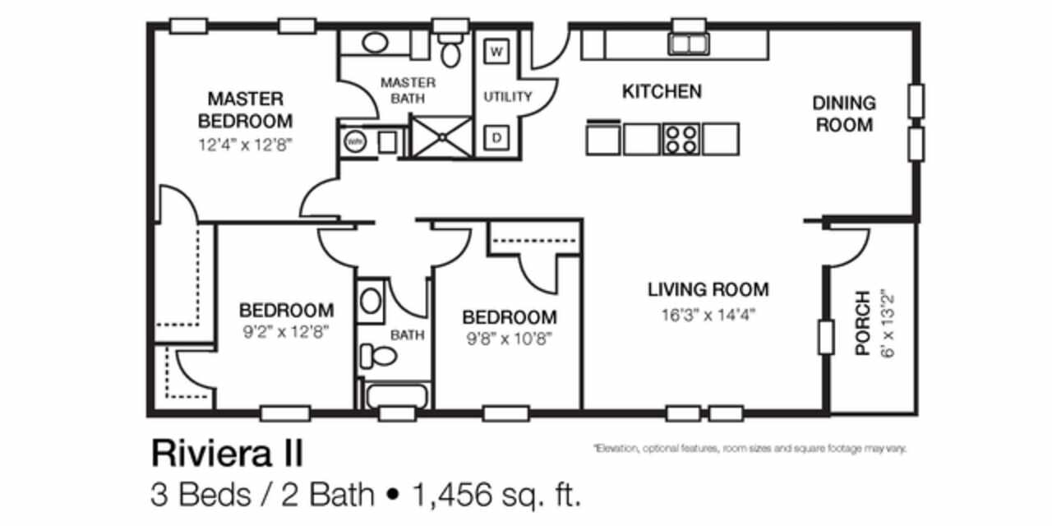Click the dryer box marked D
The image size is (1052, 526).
[x=497, y=138]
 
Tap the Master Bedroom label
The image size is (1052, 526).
[x=245, y=110]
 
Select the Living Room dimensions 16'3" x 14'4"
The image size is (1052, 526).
[x=708, y=314]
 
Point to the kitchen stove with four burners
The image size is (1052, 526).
[x=681, y=139]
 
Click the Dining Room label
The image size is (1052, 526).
[x=843, y=114]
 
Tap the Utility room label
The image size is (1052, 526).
[x=507, y=96]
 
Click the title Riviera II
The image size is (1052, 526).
[x=226, y=453]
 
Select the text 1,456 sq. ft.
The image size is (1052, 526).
[x=496, y=495]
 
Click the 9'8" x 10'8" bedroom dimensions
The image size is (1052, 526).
[x=509, y=338]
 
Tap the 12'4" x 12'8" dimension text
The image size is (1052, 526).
[x=245, y=143]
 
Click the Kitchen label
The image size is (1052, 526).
[x=661, y=91]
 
